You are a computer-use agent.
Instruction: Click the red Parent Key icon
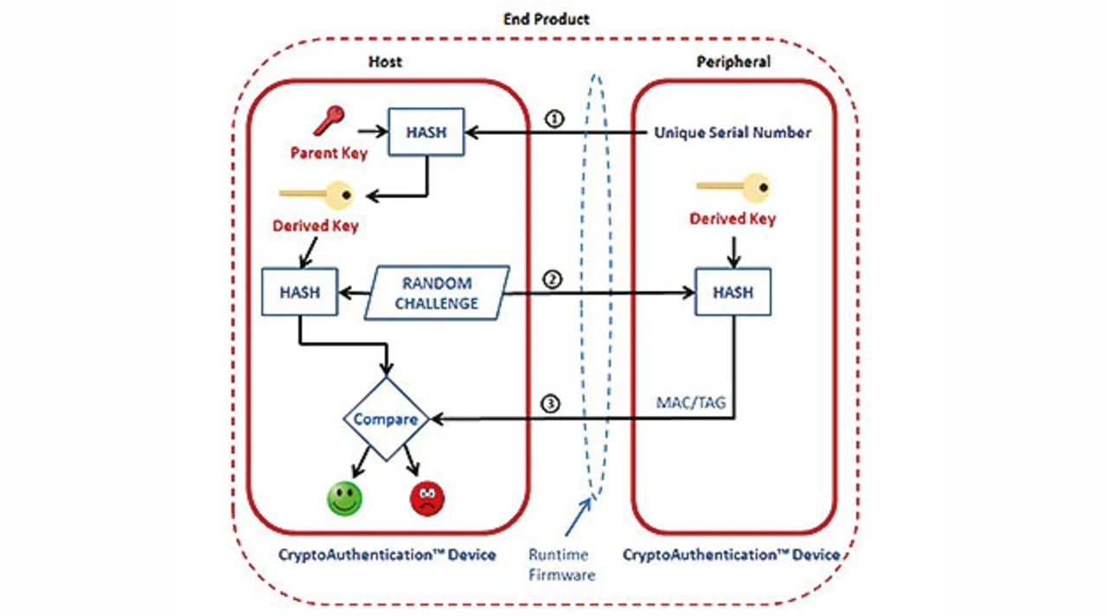click(330, 121)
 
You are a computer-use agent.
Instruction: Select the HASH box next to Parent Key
click(426, 132)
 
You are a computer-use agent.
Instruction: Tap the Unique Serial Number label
click(732, 132)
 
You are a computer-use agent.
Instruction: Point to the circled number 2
click(553, 279)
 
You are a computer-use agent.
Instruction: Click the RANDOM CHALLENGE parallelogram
click(437, 293)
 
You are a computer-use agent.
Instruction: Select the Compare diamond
click(386, 420)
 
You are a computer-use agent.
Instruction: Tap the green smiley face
click(344, 498)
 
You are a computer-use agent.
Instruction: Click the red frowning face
click(426, 498)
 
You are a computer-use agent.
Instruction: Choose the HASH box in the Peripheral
click(733, 292)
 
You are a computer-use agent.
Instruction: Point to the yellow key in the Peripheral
click(733, 186)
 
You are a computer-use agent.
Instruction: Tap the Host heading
click(385, 62)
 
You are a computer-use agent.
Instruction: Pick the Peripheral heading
click(733, 62)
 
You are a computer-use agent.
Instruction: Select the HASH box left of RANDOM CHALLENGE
click(299, 292)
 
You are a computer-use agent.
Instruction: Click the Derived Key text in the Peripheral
click(733, 219)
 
